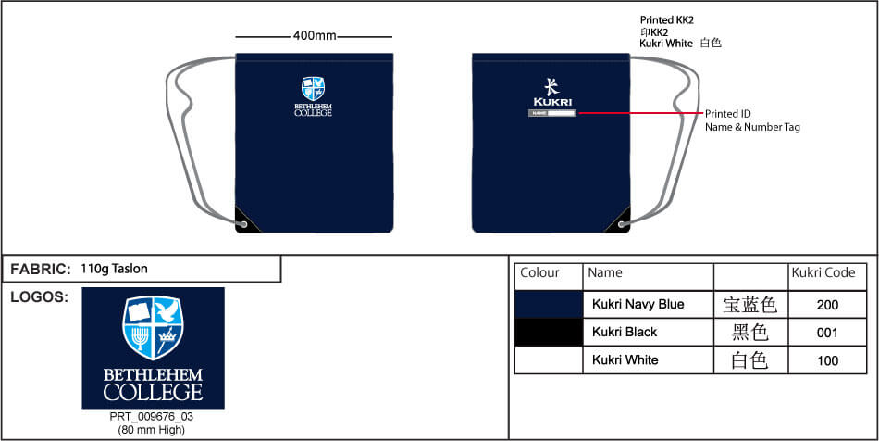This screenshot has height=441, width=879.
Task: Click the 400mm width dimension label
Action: (x=315, y=36)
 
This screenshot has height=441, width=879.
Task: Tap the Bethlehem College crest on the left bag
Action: (x=314, y=89)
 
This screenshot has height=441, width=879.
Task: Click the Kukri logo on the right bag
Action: (x=551, y=93)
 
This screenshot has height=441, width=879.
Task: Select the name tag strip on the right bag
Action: (x=552, y=114)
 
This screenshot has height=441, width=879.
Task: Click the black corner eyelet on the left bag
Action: (x=243, y=223)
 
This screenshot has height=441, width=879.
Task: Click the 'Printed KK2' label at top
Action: (x=666, y=19)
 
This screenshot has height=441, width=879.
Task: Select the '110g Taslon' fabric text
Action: (x=114, y=269)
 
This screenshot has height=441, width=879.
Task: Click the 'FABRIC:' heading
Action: (x=41, y=270)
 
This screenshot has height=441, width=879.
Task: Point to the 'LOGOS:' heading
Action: (x=39, y=297)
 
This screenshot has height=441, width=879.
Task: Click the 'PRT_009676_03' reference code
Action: (x=152, y=417)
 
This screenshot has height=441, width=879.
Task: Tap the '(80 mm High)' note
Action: (x=152, y=430)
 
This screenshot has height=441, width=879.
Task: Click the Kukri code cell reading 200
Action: (x=827, y=305)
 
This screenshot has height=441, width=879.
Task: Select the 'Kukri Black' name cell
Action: (x=625, y=333)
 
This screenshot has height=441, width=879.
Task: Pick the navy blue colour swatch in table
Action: (x=549, y=305)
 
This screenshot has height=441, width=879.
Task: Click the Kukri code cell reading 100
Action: (x=827, y=360)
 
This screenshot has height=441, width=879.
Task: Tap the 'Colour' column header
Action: (x=540, y=273)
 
